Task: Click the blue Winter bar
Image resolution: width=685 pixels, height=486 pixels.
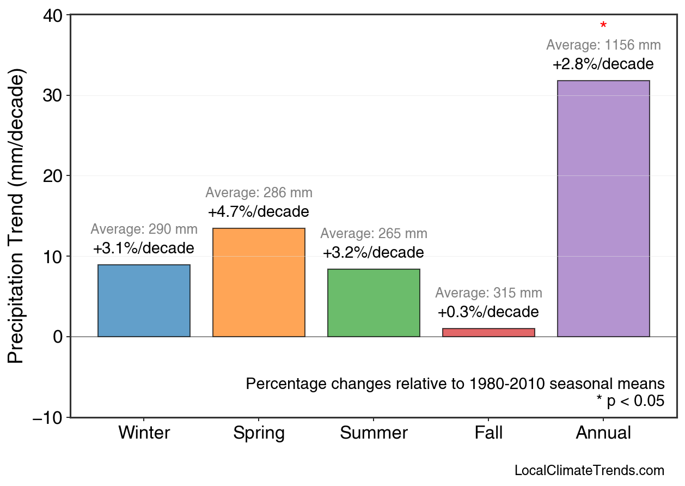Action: (x=144, y=301)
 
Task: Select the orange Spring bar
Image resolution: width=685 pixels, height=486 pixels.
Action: (x=259, y=282)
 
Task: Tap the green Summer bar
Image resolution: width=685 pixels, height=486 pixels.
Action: (x=374, y=303)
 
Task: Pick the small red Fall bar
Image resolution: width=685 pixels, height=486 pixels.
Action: (x=488, y=332)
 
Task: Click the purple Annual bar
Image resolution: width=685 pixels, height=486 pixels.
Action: (x=603, y=209)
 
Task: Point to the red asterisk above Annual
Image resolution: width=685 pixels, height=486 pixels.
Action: (x=603, y=26)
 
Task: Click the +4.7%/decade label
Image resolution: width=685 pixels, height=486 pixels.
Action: (x=259, y=211)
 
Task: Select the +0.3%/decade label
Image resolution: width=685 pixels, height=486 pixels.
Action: (x=488, y=312)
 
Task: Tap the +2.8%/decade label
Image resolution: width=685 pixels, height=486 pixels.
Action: (x=603, y=64)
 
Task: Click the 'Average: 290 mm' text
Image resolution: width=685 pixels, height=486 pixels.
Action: (x=144, y=229)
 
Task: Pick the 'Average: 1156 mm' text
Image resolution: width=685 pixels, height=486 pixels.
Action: (x=603, y=45)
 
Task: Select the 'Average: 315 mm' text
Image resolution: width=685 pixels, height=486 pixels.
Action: (x=488, y=293)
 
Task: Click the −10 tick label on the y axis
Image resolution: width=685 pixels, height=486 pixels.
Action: (x=48, y=418)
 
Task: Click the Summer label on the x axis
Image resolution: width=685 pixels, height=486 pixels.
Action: (x=374, y=433)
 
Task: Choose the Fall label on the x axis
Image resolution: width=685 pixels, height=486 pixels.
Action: (x=488, y=433)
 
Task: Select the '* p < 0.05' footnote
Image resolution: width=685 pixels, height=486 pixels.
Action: (x=630, y=402)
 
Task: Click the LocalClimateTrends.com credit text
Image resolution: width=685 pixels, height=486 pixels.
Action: (x=589, y=471)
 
